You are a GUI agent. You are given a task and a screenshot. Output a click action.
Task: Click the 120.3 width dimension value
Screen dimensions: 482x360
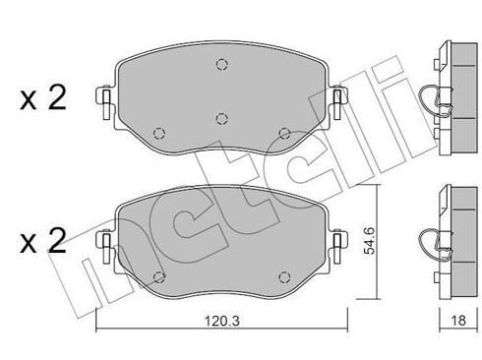pos(222,321)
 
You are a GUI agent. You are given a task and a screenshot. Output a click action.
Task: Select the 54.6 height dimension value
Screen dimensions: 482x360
pos(370,241)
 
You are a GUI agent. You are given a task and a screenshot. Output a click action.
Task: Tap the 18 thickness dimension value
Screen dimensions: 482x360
pos(458,321)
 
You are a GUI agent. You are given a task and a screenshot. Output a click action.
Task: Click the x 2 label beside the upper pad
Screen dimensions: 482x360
pos(43,97)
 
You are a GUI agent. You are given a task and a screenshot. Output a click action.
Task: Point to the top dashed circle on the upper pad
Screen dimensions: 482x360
pos(222,64)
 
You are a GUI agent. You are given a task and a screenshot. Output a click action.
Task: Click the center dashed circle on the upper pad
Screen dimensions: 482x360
pos(222,118)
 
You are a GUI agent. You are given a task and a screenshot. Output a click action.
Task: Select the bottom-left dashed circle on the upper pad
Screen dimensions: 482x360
pos(159,133)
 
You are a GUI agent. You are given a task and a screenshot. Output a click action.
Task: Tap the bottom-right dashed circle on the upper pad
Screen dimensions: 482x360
pos(284,133)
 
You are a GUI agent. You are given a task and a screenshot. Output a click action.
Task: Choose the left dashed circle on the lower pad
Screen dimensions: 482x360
pos(159,277)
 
